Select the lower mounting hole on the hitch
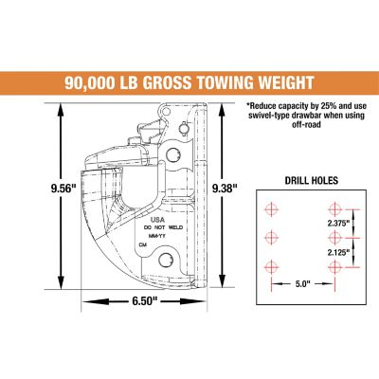169,259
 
